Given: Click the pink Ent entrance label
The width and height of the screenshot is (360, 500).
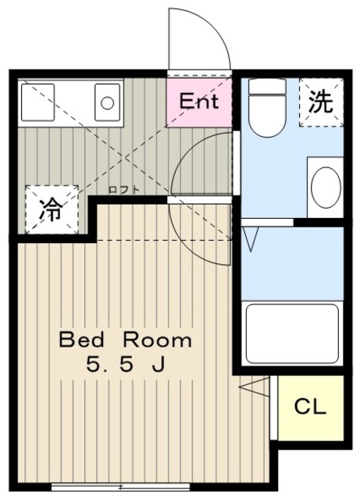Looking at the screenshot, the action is tap(199, 102).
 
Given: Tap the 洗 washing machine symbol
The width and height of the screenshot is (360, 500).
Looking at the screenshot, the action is tap(321, 102).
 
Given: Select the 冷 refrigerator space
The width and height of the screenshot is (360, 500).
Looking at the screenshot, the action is tap(52, 209).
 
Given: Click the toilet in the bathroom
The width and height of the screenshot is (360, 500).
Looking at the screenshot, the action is tap(267, 108).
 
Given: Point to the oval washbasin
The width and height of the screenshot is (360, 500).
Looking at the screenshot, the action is tap(326, 187).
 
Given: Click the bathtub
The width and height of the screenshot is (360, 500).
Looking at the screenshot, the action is tap(292, 334).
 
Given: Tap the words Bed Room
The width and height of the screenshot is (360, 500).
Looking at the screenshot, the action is tap(125, 340).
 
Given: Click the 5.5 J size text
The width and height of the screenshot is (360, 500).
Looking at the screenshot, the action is tap(125, 364).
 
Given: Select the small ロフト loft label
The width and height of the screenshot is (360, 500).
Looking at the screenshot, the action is tap(124, 190).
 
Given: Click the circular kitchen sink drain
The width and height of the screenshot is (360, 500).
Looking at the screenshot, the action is tap(107, 102).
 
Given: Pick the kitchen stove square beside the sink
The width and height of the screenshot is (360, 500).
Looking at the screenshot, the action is tap(37, 102).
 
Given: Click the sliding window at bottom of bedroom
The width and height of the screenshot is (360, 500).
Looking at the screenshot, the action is tap(120, 487).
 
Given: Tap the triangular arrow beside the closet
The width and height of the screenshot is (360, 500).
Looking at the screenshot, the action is tap(254, 387).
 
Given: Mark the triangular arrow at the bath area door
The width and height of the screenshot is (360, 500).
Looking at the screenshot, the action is tap(251, 239).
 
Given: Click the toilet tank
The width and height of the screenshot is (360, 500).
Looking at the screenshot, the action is tap(267, 86).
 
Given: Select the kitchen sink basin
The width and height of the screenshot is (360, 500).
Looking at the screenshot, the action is tap(107, 102).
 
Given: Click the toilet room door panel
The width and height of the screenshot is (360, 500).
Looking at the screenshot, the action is tap(237, 162).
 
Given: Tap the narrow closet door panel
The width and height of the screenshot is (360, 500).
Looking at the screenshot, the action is tap(273, 408).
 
